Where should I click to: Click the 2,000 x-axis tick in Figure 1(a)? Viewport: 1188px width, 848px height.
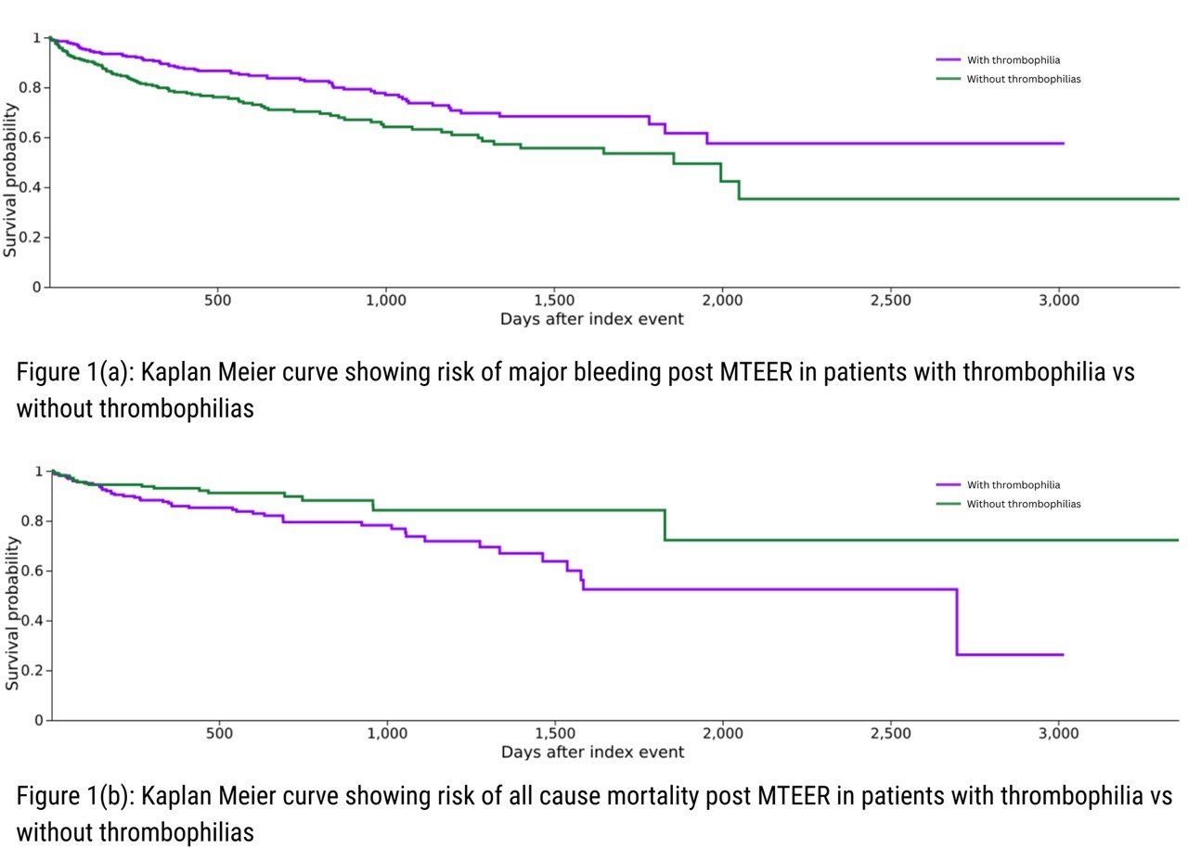[722, 301]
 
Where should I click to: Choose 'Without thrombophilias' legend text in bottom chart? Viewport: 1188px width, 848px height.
[1024, 504]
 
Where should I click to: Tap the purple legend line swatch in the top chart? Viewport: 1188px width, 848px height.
[948, 60]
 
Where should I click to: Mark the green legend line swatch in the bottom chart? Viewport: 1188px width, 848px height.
[948, 504]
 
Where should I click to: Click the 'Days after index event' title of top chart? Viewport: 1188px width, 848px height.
[592, 319]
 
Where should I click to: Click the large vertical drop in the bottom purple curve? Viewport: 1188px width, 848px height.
[956, 622]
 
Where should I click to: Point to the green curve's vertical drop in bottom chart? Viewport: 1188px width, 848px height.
[665, 525]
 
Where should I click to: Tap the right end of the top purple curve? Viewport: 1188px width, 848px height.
[1063, 144]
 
